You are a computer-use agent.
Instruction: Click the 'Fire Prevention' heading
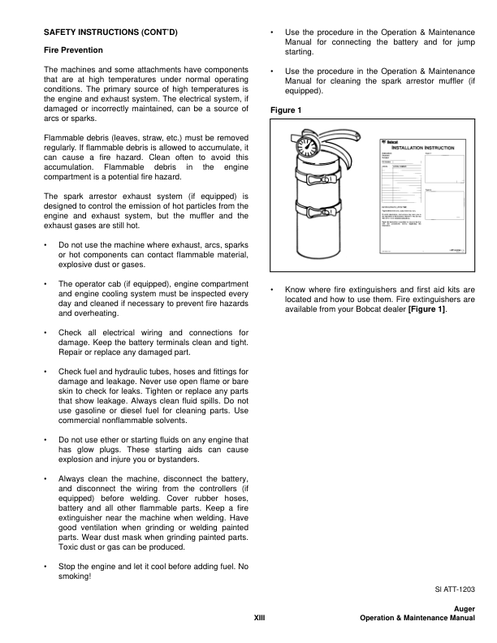tap(75, 50)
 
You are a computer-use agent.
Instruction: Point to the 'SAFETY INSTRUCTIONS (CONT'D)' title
tap(110, 32)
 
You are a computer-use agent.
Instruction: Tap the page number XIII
tap(261, 619)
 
